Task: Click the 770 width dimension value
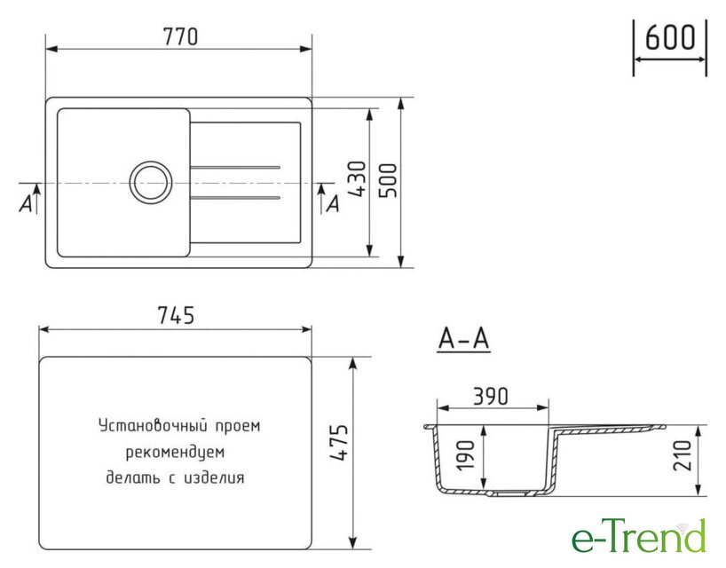click(x=180, y=36)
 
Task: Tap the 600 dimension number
click(x=669, y=37)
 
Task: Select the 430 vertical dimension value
click(x=357, y=179)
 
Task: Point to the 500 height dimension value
click(x=388, y=180)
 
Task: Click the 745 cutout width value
click(x=176, y=315)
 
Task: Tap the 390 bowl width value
click(x=490, y=396)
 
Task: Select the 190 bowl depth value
click(x=465, y=455)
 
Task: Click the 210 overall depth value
click(x=682, y=455)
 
